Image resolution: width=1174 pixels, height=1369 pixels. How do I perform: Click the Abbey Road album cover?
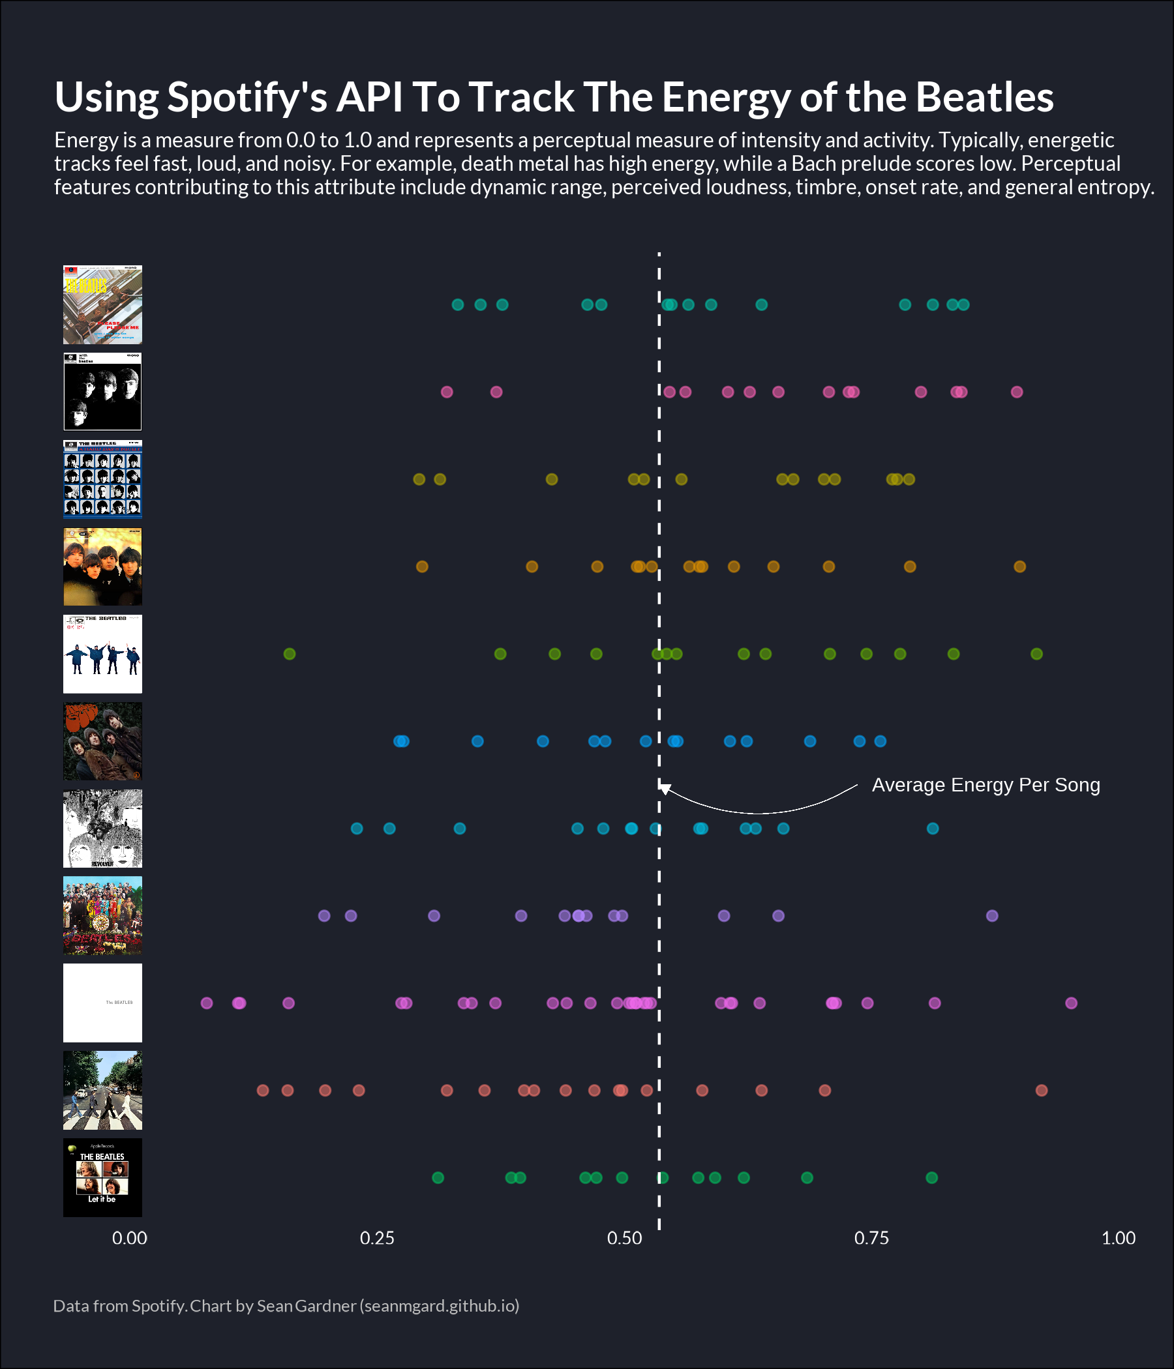[x=102, y=1090]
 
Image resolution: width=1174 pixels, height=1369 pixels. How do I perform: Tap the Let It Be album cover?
[x=102, y=1177]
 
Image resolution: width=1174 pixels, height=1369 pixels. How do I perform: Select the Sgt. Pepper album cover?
[x=102, y=916]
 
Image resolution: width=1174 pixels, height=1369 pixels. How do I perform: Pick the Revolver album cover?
[x=102, y=829]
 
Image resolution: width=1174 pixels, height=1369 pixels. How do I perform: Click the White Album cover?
[x=102, y=1003]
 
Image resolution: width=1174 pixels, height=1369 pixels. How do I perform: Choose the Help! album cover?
[x=102, y=654]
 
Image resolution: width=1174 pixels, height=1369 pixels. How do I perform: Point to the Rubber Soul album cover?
[x=102, y=741]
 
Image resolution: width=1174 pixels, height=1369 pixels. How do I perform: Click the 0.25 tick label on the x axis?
[x=377, y=1238]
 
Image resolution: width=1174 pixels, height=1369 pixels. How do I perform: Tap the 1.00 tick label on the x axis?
[x=1119, y=1238]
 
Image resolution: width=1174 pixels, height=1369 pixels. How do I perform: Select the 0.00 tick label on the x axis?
[x=130, y=1238]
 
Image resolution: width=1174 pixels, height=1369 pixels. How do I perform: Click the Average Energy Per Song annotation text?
[x=986, y=785]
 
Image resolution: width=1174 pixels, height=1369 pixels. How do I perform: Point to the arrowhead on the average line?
[x=665, y=788]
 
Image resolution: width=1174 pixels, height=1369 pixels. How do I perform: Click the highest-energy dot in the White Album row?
[x=1072, y=1003]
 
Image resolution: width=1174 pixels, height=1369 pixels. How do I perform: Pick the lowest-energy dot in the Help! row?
[x=290, y=654]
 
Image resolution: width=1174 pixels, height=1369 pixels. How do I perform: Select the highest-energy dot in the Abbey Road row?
[x=1042, y=1090]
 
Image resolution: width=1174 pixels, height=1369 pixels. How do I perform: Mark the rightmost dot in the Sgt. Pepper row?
[x=992, y=916]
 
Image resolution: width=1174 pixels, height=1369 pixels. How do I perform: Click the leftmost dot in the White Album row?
[x=207, y=1003]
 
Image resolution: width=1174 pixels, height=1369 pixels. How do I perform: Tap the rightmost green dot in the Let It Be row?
[x=932, y=1177]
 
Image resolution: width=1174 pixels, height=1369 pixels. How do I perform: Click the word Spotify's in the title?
[x=247, y=98]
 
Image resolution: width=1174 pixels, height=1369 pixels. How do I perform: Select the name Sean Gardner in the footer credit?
[x=306, y=1306]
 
